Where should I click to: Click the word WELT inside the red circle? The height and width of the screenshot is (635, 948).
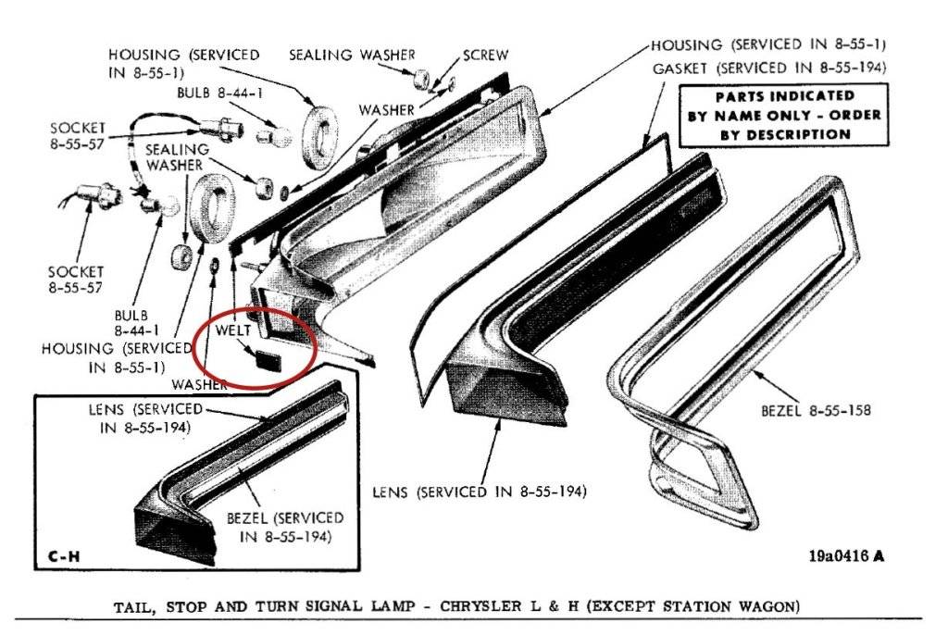[x=233, y=330]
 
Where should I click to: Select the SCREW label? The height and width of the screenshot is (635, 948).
[x=486, y=56]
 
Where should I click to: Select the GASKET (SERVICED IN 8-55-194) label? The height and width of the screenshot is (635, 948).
[x=769, y=68]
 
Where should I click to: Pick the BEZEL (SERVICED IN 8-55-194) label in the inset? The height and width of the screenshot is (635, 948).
[x=284, y=527]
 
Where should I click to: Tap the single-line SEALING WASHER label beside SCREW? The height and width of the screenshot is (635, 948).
[x=353, y=56]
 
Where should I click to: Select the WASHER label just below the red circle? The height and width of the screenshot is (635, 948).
[x=200, y=383]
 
